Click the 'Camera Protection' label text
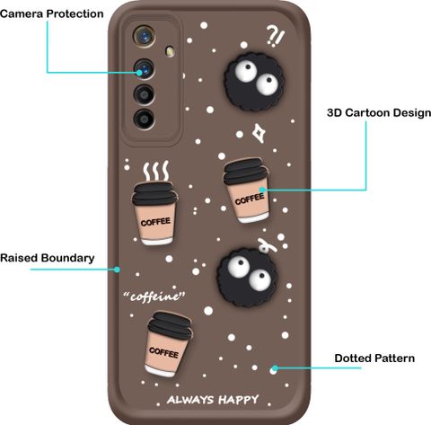[x=51, y=13]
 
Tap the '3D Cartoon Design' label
[x=379, y=113]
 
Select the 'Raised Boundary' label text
[x=48, y=258]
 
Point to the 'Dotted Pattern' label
[x=374, y=359]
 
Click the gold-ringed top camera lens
[x=145, y=37]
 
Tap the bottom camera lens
[x=145, y=119]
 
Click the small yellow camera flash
[x=170, y=50]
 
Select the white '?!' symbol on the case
[x=275, y=36]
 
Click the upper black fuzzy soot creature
[x=254, y=82]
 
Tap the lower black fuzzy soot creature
[x=247, y=277]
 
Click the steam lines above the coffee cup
[x=155, y=171]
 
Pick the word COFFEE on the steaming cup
[x=155, y=222]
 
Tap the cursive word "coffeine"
[x=154, y=297]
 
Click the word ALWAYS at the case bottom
[x=190, y=400]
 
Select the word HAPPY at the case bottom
[x=239, y=400]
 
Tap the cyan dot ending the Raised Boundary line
[x=118, y=270]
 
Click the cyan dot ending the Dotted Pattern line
[x=275, y=368]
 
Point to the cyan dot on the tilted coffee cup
[x=262, y=190]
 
